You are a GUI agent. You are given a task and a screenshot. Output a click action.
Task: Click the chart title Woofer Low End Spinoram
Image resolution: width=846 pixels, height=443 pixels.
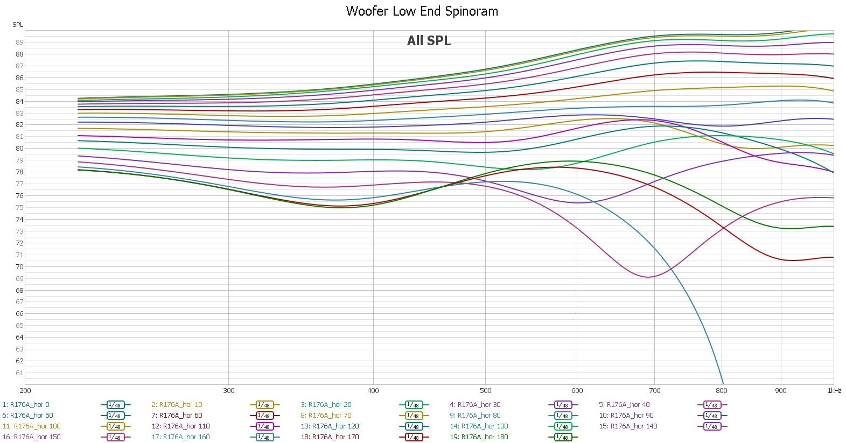422,11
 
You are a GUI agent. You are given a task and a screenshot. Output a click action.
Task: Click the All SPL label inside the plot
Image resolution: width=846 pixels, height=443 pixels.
429,41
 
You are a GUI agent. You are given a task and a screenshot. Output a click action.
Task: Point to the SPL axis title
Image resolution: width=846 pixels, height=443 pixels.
18,25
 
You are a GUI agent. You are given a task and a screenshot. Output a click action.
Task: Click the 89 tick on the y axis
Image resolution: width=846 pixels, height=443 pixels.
19,43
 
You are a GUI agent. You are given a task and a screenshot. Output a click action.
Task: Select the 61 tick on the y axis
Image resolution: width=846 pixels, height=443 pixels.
19,373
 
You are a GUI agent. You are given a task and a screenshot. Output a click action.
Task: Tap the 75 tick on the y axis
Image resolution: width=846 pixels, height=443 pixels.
19,208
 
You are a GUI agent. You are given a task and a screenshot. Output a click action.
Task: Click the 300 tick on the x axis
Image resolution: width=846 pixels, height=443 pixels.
228,391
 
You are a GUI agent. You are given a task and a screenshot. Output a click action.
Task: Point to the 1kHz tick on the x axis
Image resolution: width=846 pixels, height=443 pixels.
834,391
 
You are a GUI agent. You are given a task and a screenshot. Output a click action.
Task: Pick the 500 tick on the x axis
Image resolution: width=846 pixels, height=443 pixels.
485,391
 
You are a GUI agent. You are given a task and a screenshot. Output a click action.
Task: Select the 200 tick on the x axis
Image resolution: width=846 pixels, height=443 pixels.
25,391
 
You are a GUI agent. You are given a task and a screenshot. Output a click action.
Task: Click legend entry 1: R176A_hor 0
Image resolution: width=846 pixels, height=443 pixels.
26,405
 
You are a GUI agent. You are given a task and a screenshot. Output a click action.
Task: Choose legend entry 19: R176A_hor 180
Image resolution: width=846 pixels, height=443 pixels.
479,437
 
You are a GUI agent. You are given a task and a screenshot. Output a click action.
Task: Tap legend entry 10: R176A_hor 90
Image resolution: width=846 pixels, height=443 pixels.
626,416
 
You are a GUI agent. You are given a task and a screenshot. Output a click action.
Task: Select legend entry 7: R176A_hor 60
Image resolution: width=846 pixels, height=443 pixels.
177,416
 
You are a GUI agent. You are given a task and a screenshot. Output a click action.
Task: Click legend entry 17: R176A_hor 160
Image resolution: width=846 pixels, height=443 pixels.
180,437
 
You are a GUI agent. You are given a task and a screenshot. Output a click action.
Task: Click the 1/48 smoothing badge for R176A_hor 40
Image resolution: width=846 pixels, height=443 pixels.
711,405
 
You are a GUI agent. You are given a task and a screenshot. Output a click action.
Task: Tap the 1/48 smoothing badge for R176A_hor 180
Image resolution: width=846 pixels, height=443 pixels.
562,437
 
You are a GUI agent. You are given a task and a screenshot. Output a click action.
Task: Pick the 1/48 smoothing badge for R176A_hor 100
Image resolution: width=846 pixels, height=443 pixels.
115,426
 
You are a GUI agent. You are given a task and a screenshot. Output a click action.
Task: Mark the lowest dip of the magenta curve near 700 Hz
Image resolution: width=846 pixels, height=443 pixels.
648,277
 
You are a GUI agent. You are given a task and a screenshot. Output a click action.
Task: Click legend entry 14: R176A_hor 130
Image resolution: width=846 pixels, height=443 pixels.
479,426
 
